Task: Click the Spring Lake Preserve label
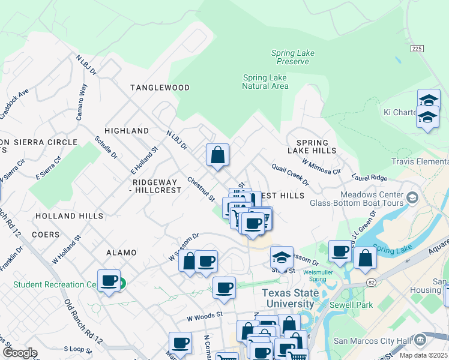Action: (292, 58)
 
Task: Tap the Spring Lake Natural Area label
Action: (265, 82)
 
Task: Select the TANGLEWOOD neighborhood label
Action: (160, 88)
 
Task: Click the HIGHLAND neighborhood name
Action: (127, 131)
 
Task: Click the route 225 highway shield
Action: (417, 48)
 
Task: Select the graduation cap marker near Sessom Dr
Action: (282, 257)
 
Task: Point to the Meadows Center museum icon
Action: (412, 197)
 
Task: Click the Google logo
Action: (20, 353)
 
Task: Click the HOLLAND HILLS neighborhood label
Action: (69, 215)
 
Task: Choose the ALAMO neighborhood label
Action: (121, 253)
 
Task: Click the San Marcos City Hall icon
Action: (420, 340)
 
